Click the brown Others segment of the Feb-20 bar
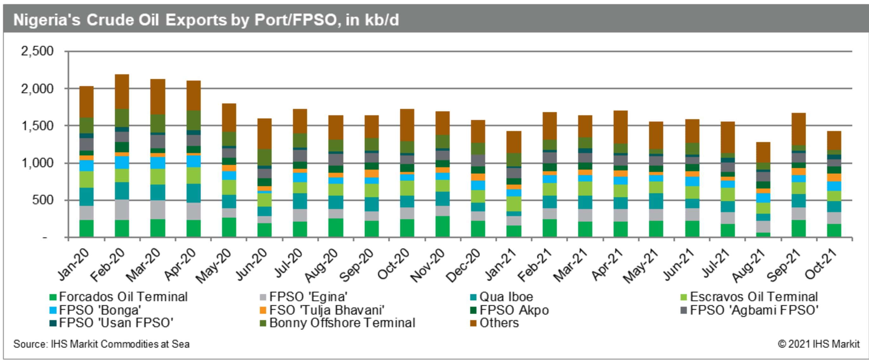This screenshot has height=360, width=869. [122, 92]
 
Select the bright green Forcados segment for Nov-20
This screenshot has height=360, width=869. [442, 226]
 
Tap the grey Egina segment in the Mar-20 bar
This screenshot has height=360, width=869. [158, 210]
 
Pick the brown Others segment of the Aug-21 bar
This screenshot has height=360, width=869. [763, 152]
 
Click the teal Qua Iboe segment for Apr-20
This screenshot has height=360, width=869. [193, 193]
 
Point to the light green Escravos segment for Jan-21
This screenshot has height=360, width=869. [513, 204]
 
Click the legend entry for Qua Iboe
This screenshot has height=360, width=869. [506, 297]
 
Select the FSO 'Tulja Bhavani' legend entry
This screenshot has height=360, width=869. [326, 310]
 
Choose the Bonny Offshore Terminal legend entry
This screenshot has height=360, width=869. [342, 323]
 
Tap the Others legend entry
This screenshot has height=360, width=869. [499, 323]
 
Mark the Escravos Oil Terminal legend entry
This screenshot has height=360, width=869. [753, 297]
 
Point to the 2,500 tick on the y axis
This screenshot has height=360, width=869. [37, 51]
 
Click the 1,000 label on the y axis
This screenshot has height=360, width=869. [37, 163]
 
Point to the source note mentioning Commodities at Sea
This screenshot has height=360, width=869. [101, 344]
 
